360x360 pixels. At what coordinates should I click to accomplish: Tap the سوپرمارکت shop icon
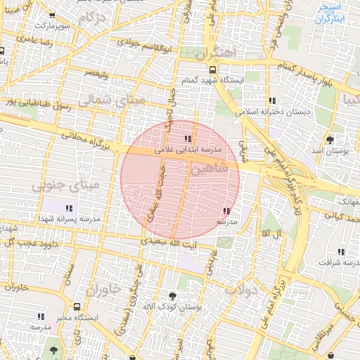(53, 15)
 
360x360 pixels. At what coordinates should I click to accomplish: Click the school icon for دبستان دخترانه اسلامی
(272, 101)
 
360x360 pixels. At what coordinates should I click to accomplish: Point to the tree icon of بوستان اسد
(330, 139)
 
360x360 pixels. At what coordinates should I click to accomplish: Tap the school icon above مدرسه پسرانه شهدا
(69, 208)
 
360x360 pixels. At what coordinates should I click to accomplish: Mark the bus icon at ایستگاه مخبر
(77, 307)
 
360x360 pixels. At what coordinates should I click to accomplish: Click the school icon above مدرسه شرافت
(341, 252)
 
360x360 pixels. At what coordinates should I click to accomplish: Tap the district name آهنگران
(219, 53)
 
